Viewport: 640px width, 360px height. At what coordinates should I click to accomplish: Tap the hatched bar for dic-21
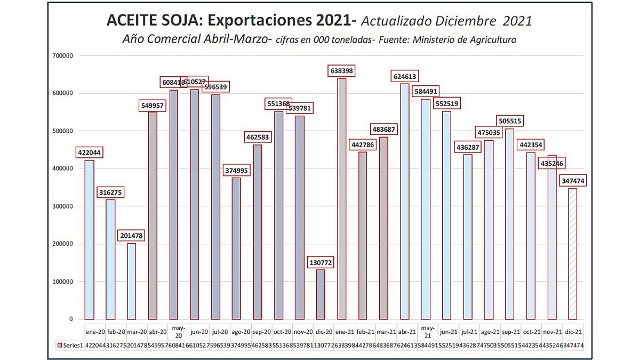(572, 253)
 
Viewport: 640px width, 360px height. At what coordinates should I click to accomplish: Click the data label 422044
(89, 153)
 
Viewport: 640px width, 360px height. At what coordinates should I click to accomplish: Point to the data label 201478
(131, 235)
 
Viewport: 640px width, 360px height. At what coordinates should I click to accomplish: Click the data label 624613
(404, 76)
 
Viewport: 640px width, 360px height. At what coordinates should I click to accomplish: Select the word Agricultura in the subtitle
(491, 39)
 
